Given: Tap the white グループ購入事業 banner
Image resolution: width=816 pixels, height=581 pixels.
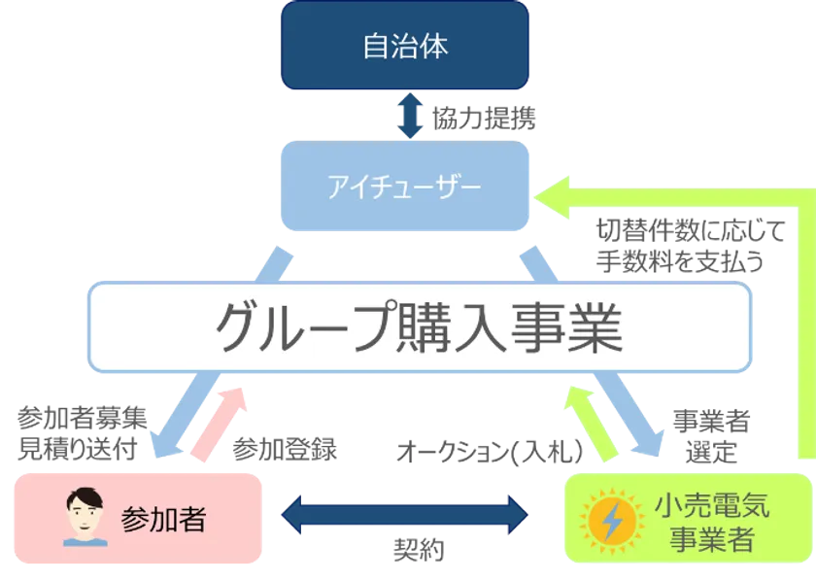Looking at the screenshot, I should pos(418,328).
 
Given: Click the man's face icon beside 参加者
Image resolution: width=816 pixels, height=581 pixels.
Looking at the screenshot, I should pos(85,518).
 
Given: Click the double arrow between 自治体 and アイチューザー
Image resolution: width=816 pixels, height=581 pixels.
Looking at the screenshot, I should pos(408,117).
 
